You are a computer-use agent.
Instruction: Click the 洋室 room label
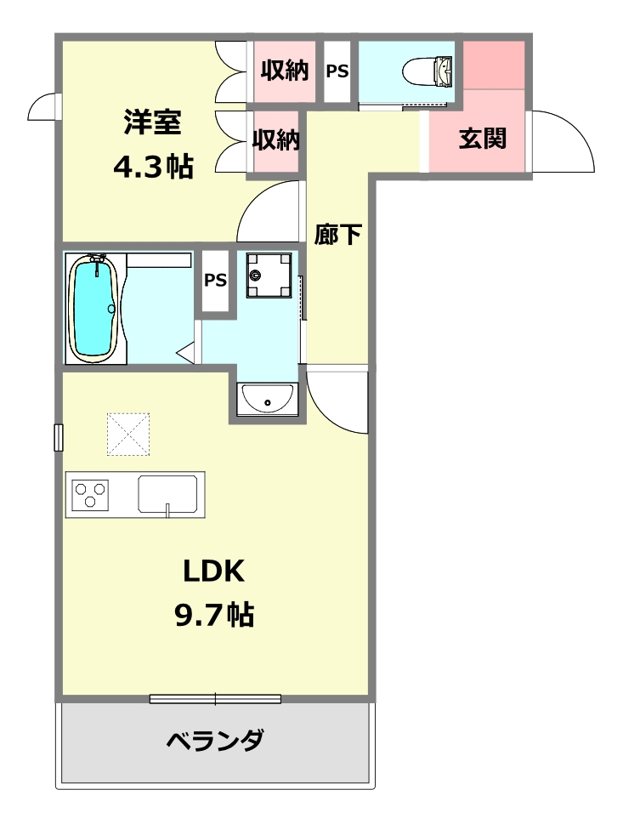[x=153, y=122]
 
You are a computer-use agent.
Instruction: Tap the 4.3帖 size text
[x=153, y=166]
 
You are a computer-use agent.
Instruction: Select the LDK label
[x=214, y=571]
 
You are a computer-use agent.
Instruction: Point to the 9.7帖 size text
[x=214, y=614]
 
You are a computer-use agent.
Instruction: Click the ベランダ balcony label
[x=215, y=740]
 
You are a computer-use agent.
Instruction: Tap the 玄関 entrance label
[x=483, y=139]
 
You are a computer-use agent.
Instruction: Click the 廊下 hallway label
[x=338, y=235]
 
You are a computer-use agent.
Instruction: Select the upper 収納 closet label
[x=285, y=70]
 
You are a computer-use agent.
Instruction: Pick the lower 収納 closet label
[x=276, y=139]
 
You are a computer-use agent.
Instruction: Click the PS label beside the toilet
[x=337, y=71]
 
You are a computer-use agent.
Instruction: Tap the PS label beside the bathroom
[x=215, y=280]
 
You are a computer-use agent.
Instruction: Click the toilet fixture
[x=428, y=71]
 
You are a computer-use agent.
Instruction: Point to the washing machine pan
[x=269, y=275]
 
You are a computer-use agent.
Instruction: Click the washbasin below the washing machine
[x=268, y=400]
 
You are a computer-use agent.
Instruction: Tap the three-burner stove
[x=90, y=495]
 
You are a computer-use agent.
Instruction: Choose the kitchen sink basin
[x=168, y=494]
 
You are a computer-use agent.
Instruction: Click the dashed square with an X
[x=128, y=434]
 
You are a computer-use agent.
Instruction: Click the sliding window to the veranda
[x=215, y=699]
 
